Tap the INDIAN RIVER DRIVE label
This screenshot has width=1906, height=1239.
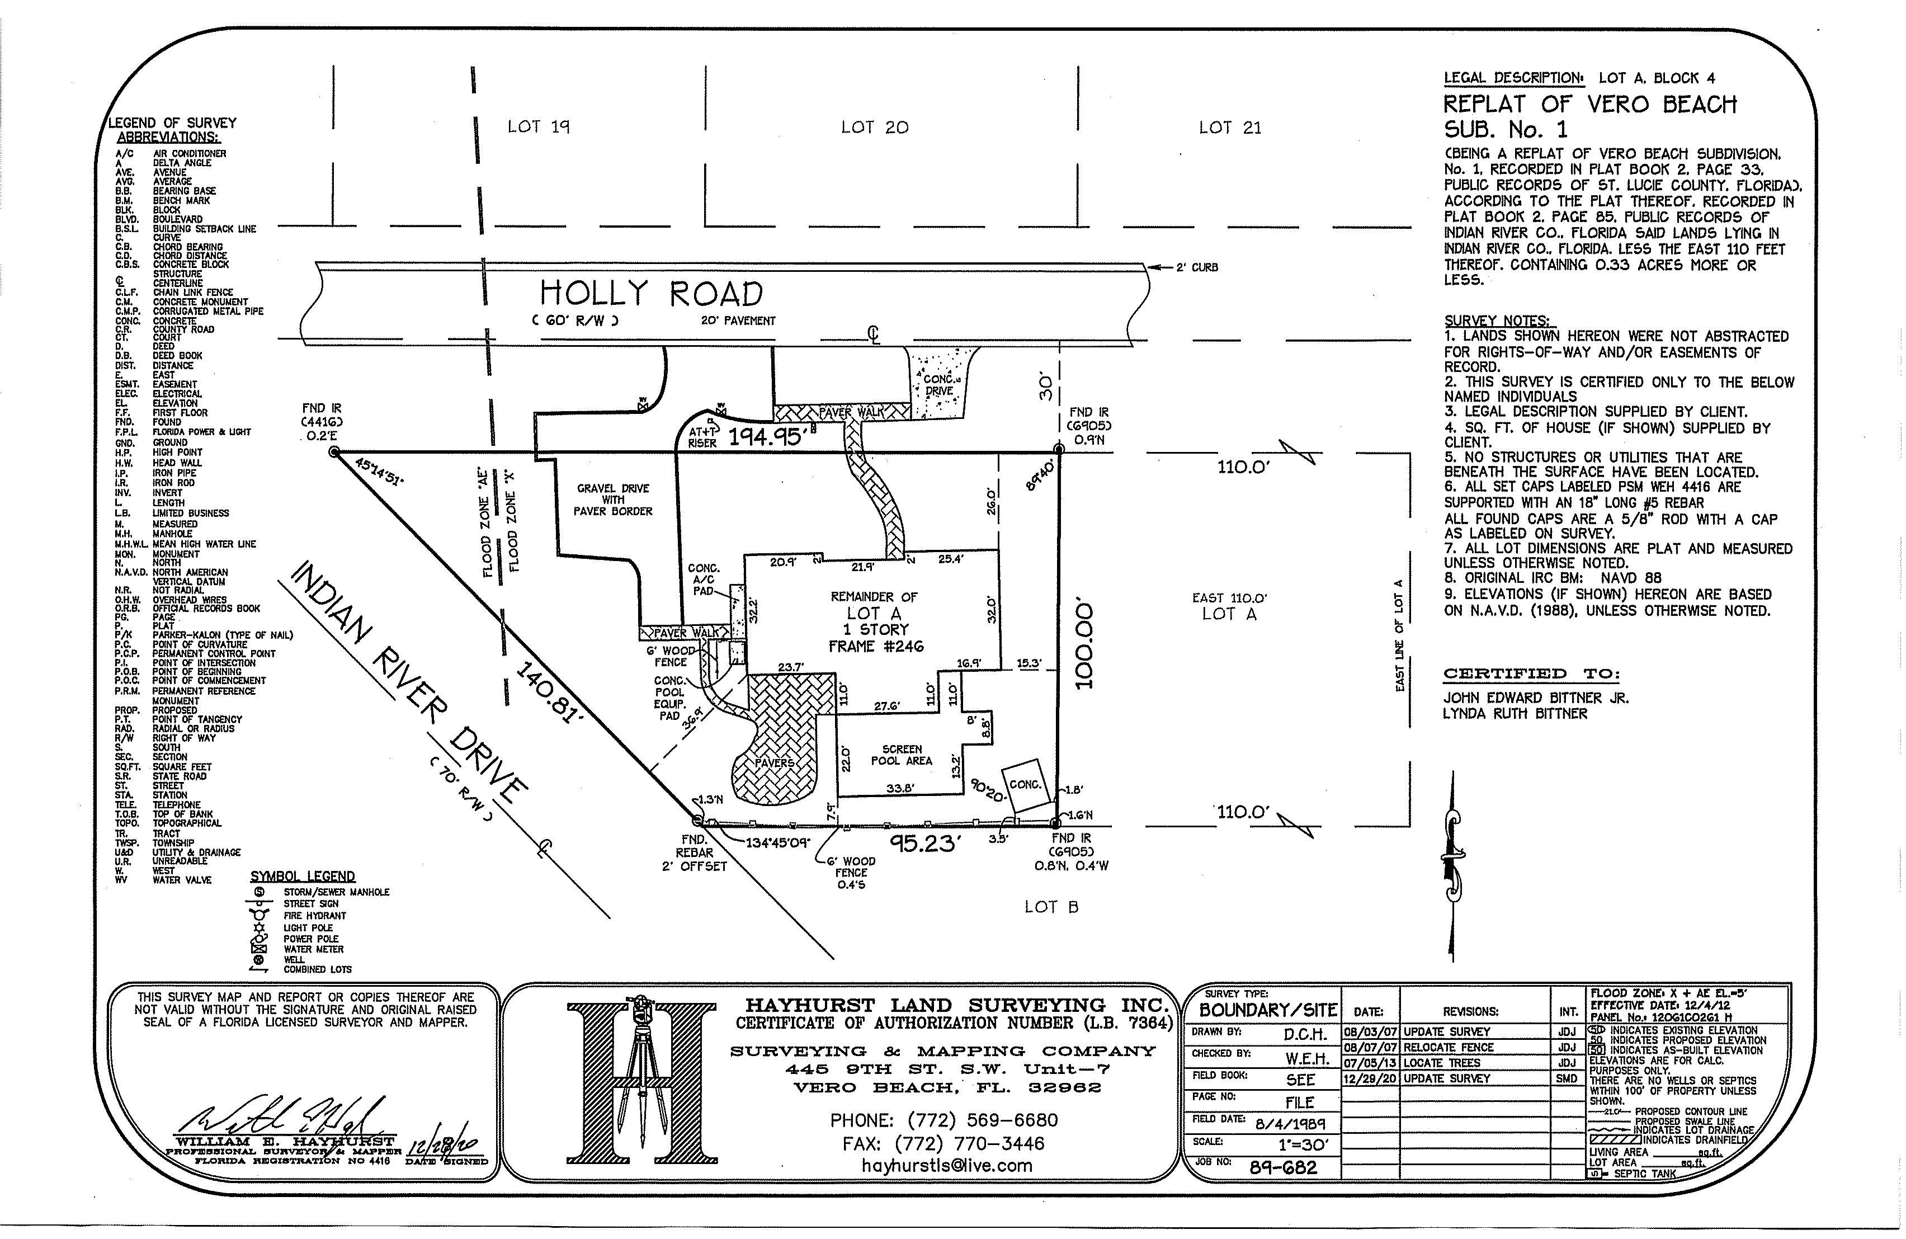click(x=408, y=683)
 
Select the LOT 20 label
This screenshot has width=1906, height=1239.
click(x=875, y=128)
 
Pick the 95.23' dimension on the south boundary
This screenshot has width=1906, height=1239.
click(x=926, y=844)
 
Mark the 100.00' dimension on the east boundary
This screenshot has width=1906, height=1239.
click(x=1082, y=642)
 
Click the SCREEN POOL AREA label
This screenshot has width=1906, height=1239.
click(x=902, y=755)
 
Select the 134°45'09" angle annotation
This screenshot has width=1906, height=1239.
click(x=777, y=842)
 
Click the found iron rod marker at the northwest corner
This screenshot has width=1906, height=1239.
click(x=334, y=453)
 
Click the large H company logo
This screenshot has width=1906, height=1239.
click(x=638, y=1083)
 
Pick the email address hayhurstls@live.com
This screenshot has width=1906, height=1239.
click(x=947, y=1165)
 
